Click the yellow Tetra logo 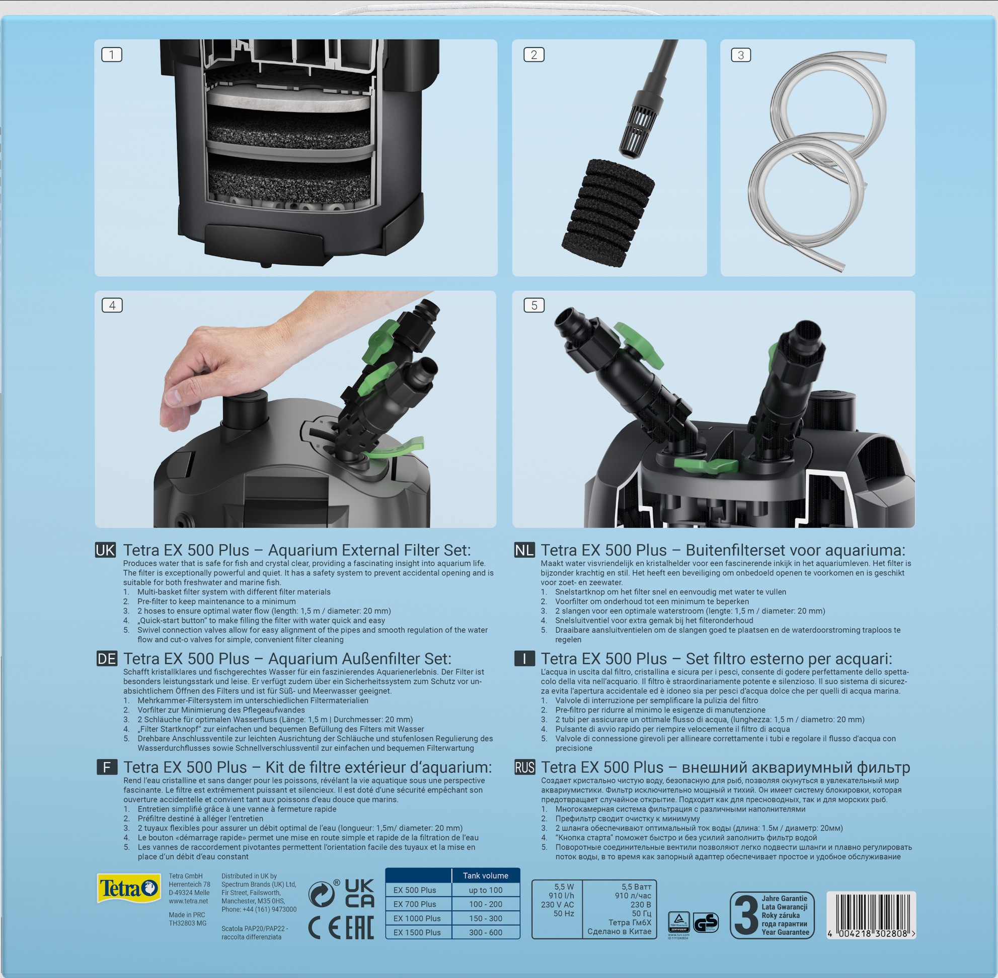(128, 888)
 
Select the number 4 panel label (112, 305)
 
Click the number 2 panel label (534, 54)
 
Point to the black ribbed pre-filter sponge (608, 212)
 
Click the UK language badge (105, 550)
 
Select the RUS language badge (525, 767)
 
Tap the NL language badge (524, 550)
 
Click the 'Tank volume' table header (485, 876)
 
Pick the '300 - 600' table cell (485, 932)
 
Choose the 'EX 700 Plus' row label (414, 904)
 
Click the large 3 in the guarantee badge (746, 915)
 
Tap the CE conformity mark (324, 928)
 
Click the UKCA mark (359, 893)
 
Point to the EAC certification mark (359, 928)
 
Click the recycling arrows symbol (322, 894)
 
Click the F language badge (107, 767)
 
